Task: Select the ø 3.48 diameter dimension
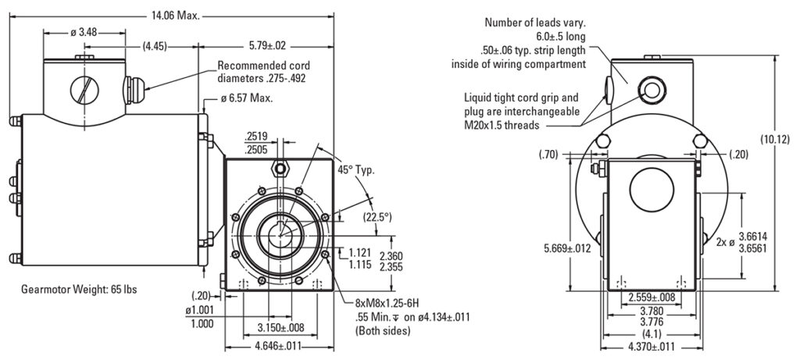click(x=83, y=32)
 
